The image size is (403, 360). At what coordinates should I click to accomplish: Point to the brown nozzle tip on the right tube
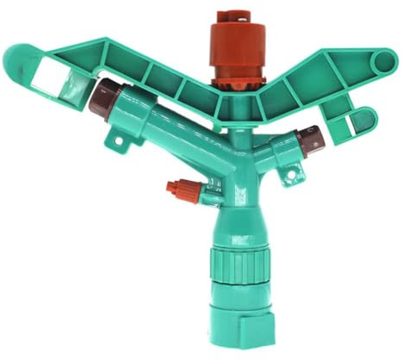point(309,137)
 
